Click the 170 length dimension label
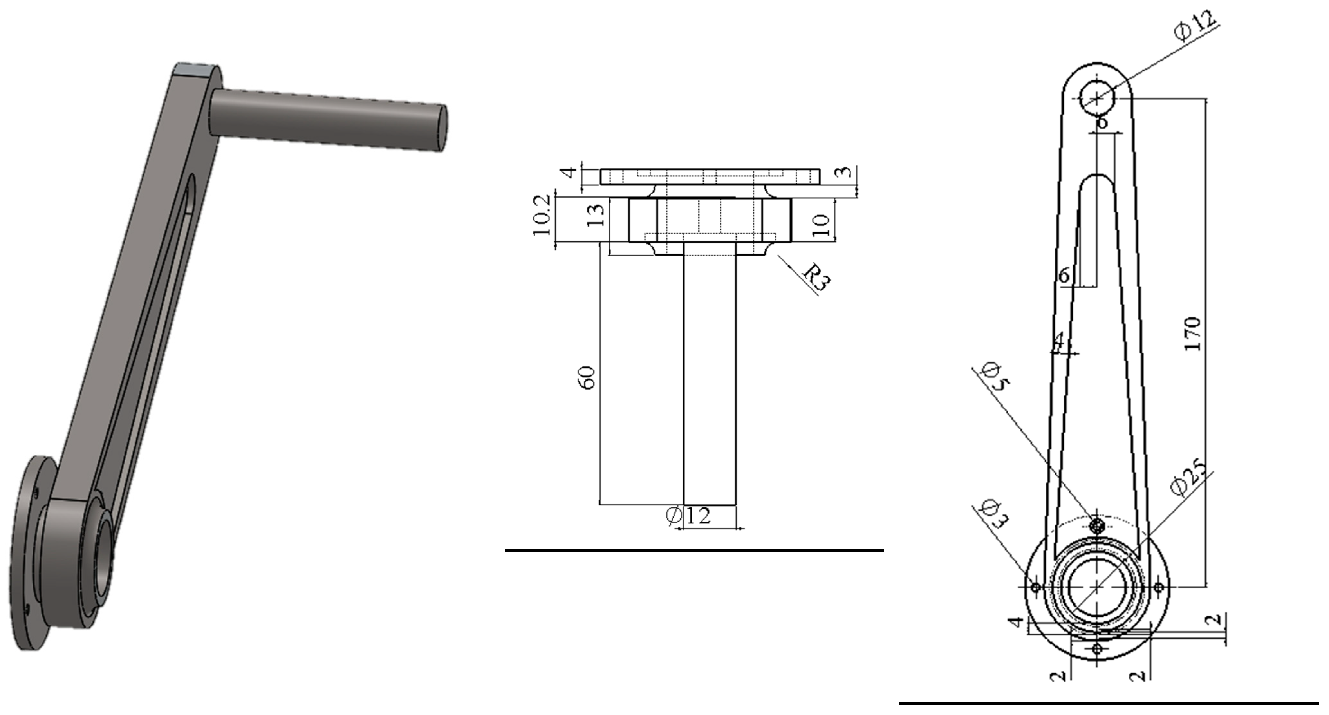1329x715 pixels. [1192, 334]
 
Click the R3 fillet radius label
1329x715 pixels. [817, 277]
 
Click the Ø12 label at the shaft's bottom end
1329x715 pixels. [688, 516]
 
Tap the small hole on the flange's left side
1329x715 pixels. [1035, 587]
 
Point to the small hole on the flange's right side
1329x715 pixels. [1158, 587]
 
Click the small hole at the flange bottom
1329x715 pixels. [1097, 648]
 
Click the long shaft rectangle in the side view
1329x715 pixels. [709, 377]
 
